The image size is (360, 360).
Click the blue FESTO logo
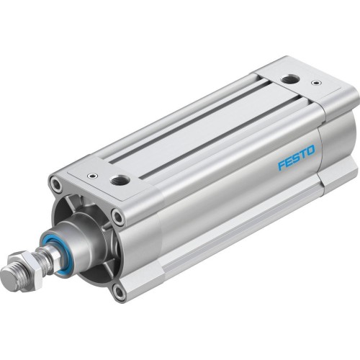[297, 160]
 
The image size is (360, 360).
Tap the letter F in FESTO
[282, 166]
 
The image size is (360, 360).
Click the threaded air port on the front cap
[120, 179]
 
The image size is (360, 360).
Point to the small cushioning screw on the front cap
[91, 175]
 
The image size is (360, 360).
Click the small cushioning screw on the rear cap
[314, 84]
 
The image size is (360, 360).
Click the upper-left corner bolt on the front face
[56, 186]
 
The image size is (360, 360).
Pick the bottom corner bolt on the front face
[118, 292]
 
